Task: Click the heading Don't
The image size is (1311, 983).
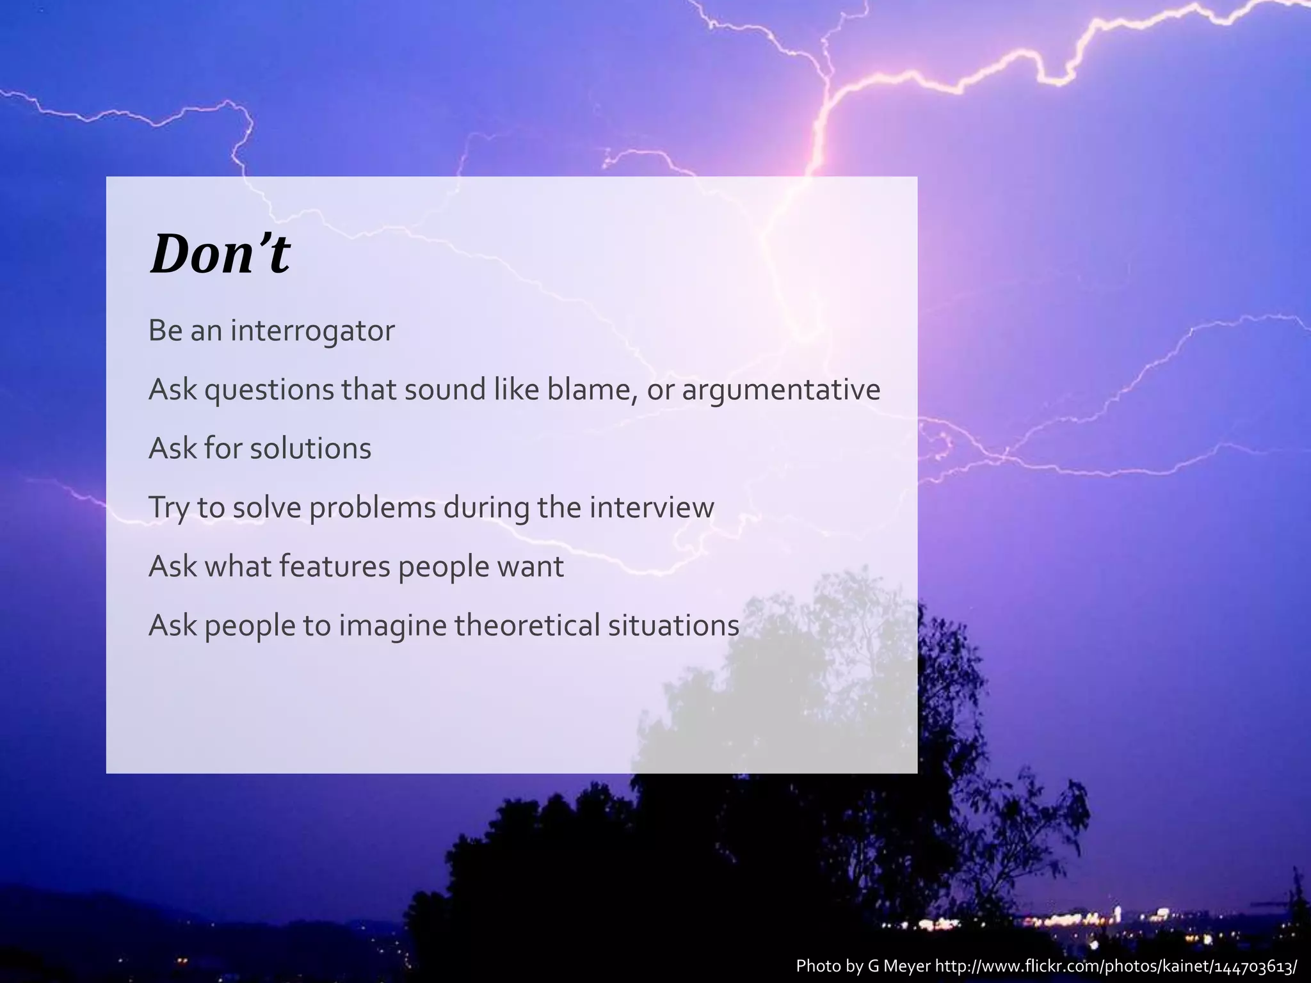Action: (x=220, y=254)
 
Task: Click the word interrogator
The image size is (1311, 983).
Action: (x=312, y=331)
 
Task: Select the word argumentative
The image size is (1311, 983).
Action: (x=781, y=390)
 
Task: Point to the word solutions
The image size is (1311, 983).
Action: (x=310, y=448)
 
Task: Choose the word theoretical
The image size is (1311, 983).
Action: (x=527, y=625)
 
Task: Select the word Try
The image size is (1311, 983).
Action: (x=168, y=508)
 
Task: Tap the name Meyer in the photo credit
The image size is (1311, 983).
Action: (x=907, y=966)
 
